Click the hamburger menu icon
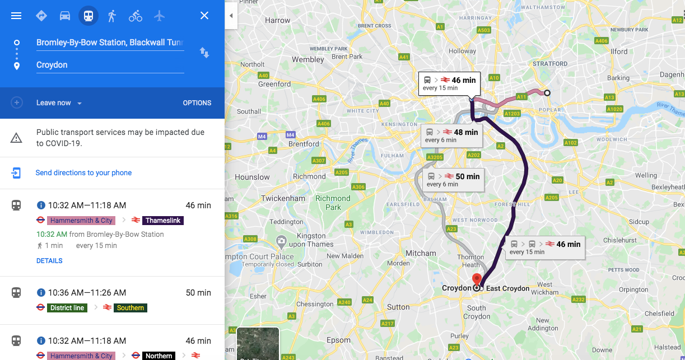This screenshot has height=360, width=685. tap(16, 16)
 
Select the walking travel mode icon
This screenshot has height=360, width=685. tap(112, 16)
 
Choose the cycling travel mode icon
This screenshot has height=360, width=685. tap(136, 16)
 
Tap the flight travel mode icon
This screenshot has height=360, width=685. tap(160, 16)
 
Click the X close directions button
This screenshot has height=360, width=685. tap(204, 16)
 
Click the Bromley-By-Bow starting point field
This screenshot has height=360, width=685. tap(110, 43)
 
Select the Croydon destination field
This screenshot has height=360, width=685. tap(110, 65)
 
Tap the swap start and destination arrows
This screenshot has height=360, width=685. tap(204, 53)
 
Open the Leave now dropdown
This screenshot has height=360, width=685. tap(59, 103)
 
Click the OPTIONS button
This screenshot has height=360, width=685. tap(197, 103)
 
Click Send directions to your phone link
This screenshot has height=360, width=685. tap(83, 173)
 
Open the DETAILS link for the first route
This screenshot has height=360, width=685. tap(49, 261)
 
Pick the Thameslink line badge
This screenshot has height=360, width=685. tap(163, 221)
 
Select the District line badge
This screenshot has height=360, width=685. tap(67, 308)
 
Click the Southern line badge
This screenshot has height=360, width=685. tap(131, 308)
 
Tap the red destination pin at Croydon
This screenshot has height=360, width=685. tap(477, 279)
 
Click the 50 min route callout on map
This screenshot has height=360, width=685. tap(453, 179)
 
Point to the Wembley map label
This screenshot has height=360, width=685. tap(307, 59)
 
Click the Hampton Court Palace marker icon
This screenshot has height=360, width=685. tap(281, 242)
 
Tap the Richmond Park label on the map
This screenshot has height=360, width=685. tap(333, 203)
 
